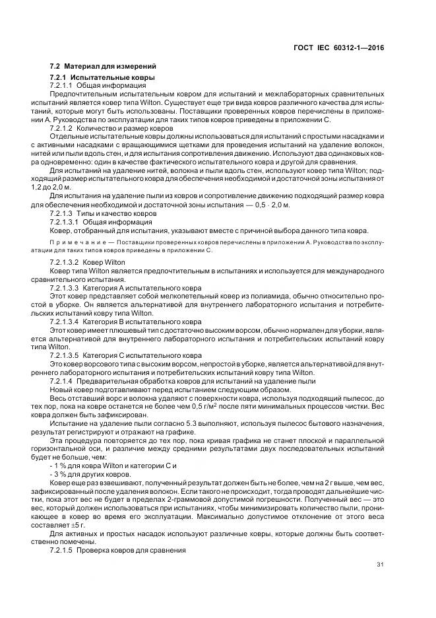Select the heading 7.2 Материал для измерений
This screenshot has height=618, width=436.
103,66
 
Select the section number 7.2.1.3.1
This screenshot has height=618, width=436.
64,221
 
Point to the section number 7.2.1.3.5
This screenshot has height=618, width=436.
64,356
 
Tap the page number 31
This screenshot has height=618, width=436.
380,564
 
